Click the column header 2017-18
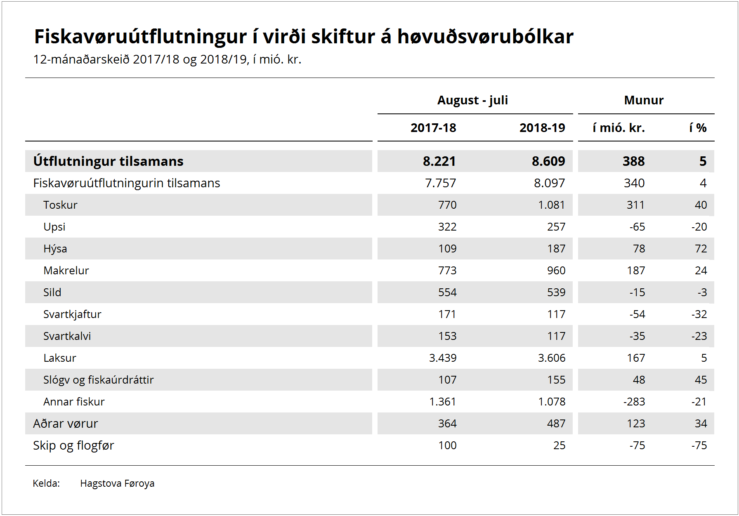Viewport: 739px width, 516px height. coord(433,128)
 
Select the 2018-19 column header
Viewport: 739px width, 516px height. coord(542,128)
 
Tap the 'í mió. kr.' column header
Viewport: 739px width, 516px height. coord(619,128)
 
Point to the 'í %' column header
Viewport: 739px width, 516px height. coord(698,128)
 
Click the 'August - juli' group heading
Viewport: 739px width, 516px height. coord(472,100)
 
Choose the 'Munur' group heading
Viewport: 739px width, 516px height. coord(644,100)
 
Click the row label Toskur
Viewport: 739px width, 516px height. coord(60,205)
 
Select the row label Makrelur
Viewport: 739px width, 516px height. coord(66,271)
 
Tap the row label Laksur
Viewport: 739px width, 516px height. coord(60,358)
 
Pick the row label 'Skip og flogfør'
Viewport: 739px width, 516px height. coord(73,445)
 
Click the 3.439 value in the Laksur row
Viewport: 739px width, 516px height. coord(443,358)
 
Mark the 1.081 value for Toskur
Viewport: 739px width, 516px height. coord(552,205)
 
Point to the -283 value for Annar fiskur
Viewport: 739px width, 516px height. coord(634,402)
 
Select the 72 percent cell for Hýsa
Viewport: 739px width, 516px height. coord(701,249)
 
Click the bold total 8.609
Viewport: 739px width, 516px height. coord(548,161)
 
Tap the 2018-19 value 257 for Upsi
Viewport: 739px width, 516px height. coord(556,227)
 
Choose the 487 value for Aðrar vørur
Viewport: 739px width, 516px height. coord(556,424)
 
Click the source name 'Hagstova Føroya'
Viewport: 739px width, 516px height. coord(117,483)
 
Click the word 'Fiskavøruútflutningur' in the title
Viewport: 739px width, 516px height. coord(140,37)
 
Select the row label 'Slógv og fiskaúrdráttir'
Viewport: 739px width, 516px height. coord(99,380)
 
